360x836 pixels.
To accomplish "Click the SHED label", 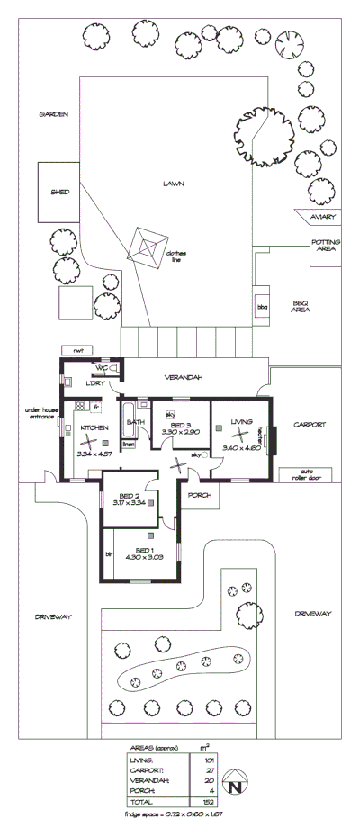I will tap(59, 192).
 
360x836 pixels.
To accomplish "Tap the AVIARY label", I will tap(322, 217).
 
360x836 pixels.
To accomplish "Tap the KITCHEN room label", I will tap(94, 427).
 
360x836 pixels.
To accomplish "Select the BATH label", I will tap(136, 421).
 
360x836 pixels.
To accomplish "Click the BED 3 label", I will tap(180, 425).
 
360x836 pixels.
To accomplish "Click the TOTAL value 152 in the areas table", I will tap(205, 801).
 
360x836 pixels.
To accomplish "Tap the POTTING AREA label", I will tap(324, 246).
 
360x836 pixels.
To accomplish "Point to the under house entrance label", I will tap(41, 413).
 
